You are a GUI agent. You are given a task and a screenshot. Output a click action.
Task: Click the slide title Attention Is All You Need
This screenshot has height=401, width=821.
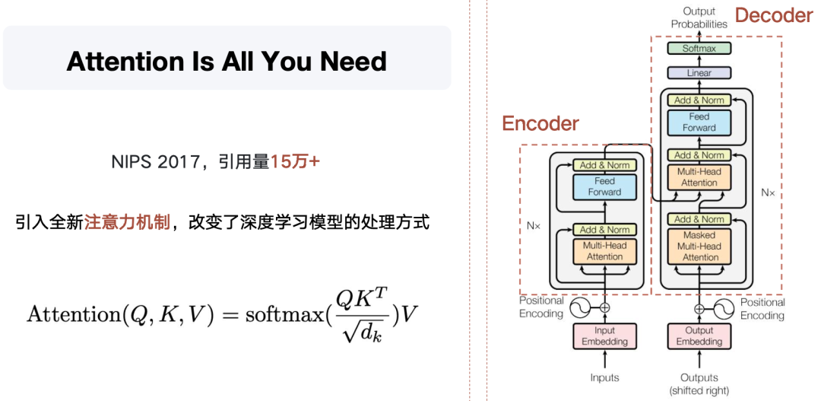227,61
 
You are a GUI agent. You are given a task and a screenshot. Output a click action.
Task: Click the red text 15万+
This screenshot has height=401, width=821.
295,161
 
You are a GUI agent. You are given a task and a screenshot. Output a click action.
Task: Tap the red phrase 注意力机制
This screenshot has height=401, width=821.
127,222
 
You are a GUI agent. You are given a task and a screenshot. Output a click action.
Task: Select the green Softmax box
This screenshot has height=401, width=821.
699,49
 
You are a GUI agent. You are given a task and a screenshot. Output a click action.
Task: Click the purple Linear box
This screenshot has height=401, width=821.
699,73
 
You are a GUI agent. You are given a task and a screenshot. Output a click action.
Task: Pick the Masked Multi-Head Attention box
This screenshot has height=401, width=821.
699,246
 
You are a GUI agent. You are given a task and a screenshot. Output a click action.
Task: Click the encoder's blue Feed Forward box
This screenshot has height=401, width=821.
604,186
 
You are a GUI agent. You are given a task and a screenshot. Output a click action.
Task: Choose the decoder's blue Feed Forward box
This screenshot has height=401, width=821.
699,123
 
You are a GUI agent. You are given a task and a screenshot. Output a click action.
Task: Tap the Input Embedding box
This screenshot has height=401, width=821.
604,336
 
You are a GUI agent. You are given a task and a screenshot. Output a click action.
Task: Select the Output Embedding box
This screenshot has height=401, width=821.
699,336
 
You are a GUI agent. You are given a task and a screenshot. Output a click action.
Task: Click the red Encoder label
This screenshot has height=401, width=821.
540,123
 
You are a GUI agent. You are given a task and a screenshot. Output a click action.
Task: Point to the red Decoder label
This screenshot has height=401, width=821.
773,15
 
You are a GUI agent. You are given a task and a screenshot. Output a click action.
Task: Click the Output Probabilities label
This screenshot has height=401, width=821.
699,18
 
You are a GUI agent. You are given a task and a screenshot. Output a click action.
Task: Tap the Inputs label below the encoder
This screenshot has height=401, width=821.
604,377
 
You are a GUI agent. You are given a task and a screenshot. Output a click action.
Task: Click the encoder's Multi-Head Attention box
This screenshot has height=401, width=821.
604,251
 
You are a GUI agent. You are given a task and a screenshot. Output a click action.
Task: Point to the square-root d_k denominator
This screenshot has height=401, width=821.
361,331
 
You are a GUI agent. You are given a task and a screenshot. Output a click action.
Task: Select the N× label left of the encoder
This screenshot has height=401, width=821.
533,226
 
